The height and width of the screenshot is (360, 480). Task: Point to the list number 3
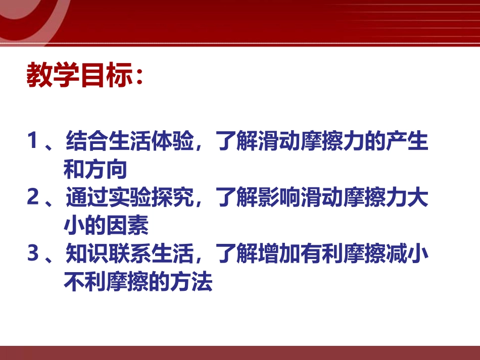(x=33, y=254)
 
